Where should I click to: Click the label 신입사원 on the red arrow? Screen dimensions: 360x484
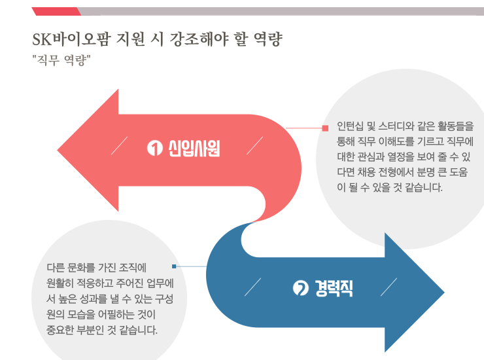click(x=194, y=149)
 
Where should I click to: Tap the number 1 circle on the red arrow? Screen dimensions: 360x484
click(x=154, y=149)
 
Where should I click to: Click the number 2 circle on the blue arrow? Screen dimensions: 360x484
click(x=301, y=288)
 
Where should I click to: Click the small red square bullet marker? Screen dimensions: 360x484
click(x=324, y=128)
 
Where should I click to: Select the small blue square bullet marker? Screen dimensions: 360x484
click(x=174, y=266)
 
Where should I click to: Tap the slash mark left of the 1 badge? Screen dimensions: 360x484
click(x=120, y=146)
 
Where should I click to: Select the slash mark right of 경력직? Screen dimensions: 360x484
click(x=389, y=287)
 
